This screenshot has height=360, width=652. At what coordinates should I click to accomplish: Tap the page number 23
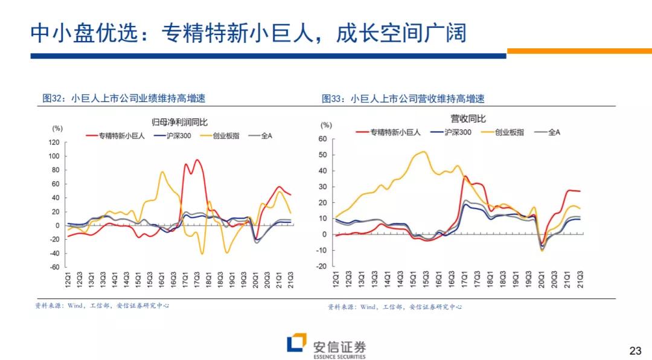point(635,351)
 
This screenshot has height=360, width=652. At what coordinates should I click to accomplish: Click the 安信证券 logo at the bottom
point(326,347)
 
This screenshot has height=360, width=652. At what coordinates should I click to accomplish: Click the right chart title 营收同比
point(467,119)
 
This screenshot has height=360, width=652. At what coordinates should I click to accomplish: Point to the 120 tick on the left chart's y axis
point(54,143)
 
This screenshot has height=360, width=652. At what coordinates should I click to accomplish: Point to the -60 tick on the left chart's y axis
point(54,267)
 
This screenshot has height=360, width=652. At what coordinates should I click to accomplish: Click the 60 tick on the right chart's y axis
point(322,139)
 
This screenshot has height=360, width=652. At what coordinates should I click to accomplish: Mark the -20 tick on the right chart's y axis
point(322,266)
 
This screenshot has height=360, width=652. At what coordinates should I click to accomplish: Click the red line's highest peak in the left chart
point(197,160)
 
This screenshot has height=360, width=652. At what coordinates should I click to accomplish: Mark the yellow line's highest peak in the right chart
point(423,152)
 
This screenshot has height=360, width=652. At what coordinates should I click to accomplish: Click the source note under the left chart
point(102,306)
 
